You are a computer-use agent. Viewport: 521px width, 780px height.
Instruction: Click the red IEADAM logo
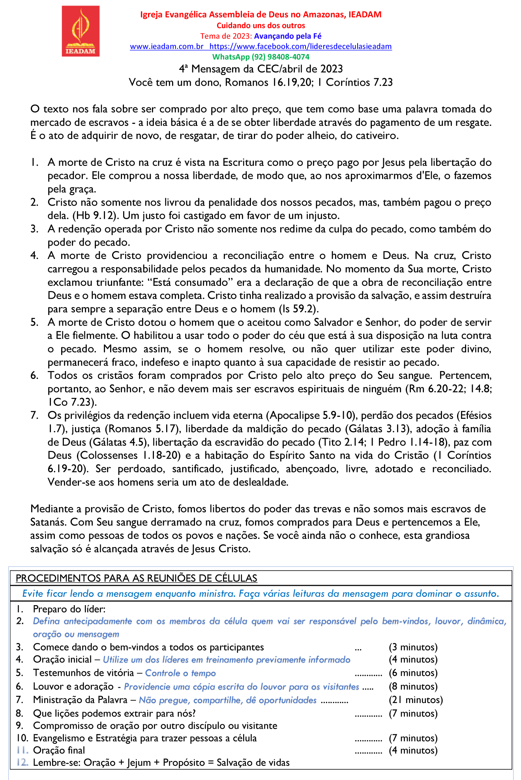click(81, 31)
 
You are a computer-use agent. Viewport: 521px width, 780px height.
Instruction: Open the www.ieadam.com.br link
click(167, 47)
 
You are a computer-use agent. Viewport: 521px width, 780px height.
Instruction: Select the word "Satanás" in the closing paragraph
click(49, 522)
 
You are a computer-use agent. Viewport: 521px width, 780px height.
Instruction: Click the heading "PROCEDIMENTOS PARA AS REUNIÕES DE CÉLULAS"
click(137, 578)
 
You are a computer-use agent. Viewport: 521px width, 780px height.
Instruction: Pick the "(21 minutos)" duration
click(416, 700)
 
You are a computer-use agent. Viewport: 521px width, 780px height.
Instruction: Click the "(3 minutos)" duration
click(413, 647)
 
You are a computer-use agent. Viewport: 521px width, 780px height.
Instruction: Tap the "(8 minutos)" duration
click(413, 686)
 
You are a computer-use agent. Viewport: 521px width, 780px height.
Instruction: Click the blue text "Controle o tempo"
click(180, 673)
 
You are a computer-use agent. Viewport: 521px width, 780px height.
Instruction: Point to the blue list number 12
click(22, 763)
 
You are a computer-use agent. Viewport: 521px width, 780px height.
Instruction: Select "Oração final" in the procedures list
click(59, 750)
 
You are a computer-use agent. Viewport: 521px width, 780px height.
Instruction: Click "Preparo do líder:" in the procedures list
click(69, 609)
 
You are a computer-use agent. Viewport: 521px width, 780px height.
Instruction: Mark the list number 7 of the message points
click(35, 415)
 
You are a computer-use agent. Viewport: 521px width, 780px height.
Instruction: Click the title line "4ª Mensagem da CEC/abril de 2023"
click(260, 69)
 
